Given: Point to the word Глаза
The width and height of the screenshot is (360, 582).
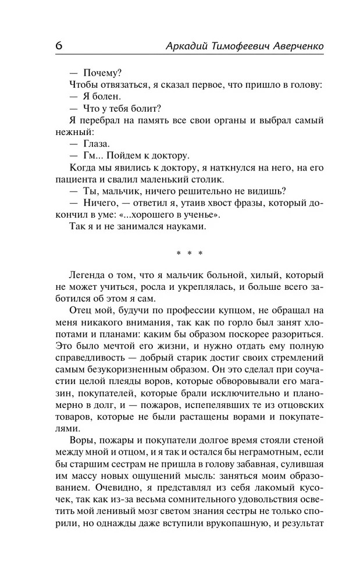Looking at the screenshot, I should coord(97,144).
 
